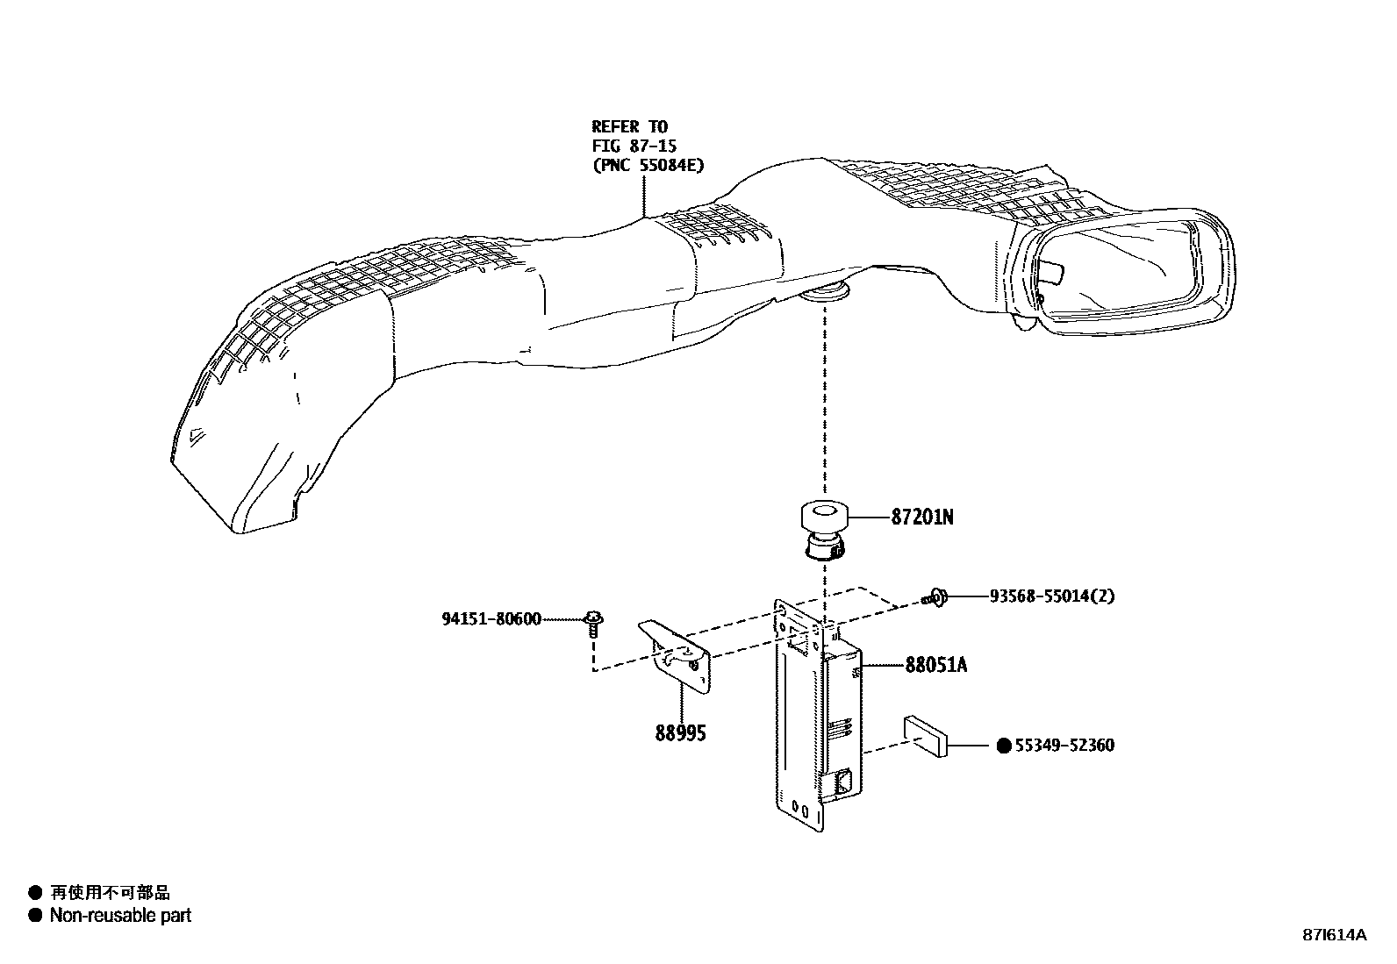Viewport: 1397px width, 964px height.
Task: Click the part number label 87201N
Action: click(x=921, y=518)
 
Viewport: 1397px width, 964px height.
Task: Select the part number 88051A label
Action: click(x=935, y=665)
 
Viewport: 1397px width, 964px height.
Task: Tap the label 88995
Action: click(x=680, y=732)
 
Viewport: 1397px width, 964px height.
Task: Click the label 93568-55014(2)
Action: click(x=1052, y=596)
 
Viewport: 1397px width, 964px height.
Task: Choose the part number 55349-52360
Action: click(x=1064, y=746)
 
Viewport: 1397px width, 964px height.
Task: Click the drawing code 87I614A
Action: click(x=1333, y=934)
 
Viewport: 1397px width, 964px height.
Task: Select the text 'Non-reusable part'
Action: click(x=120, y=916)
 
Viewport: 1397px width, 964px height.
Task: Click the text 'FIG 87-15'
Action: click(x=634, y=145)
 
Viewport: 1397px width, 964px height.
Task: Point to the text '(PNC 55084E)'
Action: click(x=648, y=164)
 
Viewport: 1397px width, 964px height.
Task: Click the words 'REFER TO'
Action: click(x=629, y=126)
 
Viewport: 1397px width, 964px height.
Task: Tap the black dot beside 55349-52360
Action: click(x=1005, y=746)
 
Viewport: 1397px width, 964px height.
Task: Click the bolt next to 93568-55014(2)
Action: click(x=935, y=597)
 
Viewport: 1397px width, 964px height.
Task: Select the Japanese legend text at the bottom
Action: click(x=110, y=893)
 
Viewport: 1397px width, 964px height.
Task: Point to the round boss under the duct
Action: click(x=826, y=292)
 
